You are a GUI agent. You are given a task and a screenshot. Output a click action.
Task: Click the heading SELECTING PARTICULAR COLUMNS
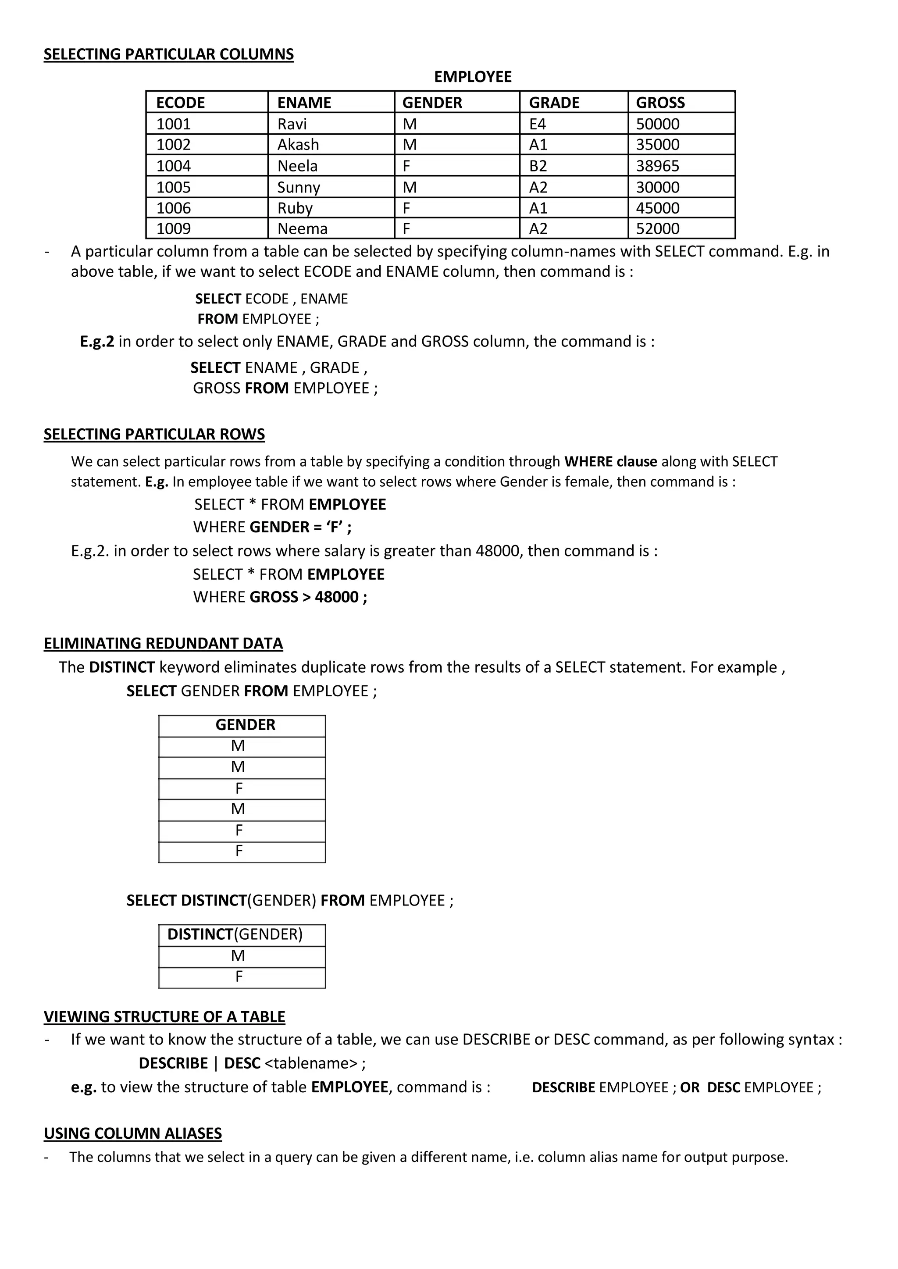pos(169,54)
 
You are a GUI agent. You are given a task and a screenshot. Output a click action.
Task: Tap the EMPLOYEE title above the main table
pos(472,77)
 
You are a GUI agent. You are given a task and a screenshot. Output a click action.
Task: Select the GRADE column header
pos(554,103)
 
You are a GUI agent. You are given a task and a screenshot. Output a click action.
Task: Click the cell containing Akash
pos(298,145)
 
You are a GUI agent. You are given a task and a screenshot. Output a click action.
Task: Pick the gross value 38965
pos(657,166)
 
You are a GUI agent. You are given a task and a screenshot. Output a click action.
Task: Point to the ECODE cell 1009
pos(174,229)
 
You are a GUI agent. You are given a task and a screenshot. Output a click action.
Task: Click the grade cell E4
pos(538,124)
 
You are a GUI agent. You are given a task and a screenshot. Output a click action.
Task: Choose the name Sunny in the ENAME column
pos(299,187)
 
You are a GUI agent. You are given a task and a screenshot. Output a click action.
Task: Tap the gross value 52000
pos(657,229)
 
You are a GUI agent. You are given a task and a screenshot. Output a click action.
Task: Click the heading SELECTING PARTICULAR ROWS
pos(154,435)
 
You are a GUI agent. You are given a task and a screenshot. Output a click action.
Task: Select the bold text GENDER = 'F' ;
pos(300,528)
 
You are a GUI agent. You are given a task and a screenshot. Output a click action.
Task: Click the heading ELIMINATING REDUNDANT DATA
pos(163,644)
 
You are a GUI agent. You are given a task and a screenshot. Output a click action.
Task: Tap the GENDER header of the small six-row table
pos(245,725)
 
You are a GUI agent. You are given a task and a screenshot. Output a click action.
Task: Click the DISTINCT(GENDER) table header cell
pos(235,934)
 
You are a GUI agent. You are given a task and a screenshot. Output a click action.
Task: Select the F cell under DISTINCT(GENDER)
pos(239,977)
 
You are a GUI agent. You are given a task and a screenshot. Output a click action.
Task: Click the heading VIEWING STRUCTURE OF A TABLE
pos(164,1017)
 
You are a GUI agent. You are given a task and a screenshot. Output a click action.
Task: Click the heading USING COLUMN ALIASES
pos(133,1134)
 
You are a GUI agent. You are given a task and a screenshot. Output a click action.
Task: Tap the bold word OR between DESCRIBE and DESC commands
pos(690,1087)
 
